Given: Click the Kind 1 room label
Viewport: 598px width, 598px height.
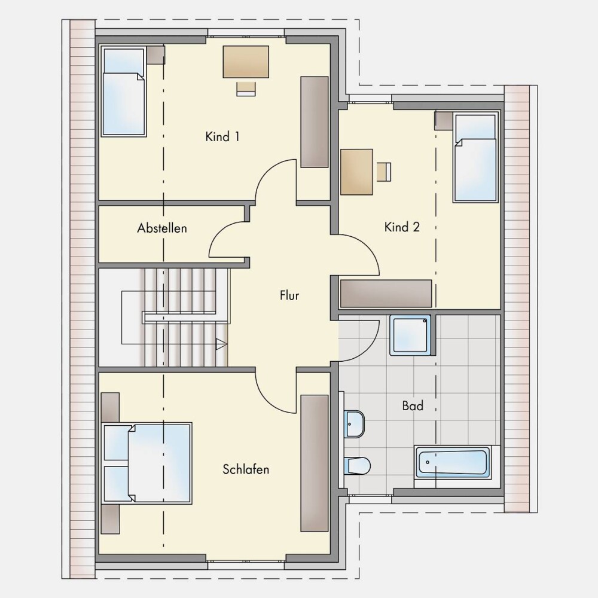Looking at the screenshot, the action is coord(222,136).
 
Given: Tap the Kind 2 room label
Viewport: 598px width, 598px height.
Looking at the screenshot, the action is coord(402,227).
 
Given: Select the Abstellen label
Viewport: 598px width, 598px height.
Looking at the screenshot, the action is coord(162,228).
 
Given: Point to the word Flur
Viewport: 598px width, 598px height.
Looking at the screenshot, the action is coord(289,295).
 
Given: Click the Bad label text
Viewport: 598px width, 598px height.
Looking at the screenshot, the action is coord(413,405).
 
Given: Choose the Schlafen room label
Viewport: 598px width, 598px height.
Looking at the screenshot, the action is coord(246,469).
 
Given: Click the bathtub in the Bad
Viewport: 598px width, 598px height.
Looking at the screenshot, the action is coord(452,463).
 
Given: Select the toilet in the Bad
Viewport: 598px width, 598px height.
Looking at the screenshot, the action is coord(358,466).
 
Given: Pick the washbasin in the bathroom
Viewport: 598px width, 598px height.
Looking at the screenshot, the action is coord(354,424).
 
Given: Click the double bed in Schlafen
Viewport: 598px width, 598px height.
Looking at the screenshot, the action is coord(147,463).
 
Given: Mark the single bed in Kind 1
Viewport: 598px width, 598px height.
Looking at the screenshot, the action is coord(124,91).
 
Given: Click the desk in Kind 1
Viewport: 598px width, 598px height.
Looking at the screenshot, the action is coord(246,62).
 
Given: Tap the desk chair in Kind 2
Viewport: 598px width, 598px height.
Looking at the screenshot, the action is coord(384,172).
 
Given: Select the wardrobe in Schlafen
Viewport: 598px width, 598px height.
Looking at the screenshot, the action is coord(315,463).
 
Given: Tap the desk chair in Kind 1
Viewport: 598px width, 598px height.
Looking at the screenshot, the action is coord(246,89).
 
